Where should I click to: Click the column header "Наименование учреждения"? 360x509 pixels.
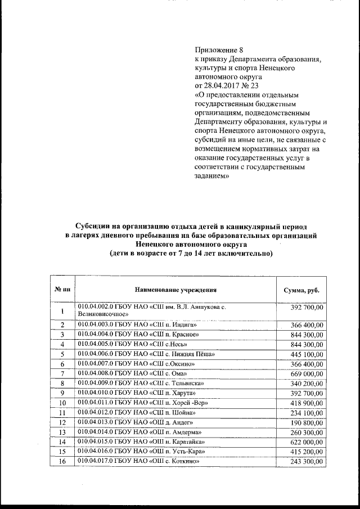(x=175, y=289)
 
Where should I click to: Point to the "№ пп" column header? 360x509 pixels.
(x=62, y=289)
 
